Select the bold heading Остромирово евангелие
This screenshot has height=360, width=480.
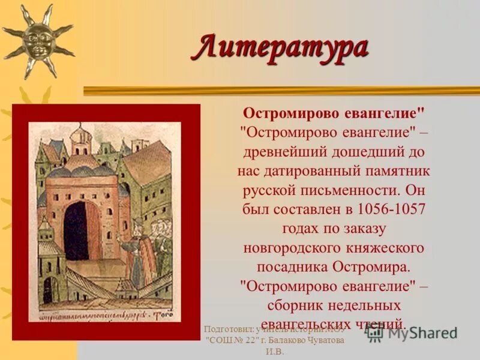tap(334, 113)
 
